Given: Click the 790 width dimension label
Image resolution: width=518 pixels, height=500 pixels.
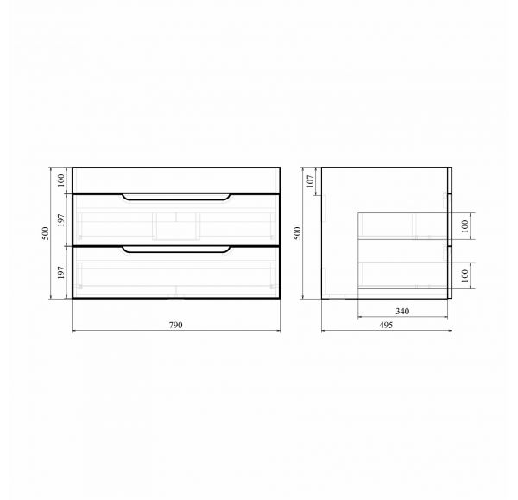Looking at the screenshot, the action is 175,326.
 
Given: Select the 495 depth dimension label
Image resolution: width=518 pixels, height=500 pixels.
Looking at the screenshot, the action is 386,326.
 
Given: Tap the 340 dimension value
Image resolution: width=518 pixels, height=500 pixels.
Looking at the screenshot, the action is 402,311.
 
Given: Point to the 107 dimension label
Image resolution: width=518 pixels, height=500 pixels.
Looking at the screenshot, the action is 311,181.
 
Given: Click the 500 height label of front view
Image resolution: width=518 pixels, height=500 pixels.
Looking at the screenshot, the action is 46,233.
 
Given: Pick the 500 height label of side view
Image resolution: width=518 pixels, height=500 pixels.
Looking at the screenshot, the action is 298,233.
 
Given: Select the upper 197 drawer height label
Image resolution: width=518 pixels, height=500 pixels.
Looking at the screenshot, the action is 60,220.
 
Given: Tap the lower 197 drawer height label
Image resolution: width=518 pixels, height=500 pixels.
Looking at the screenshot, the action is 60,273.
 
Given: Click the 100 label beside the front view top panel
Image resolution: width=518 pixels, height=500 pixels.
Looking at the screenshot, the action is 60,180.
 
